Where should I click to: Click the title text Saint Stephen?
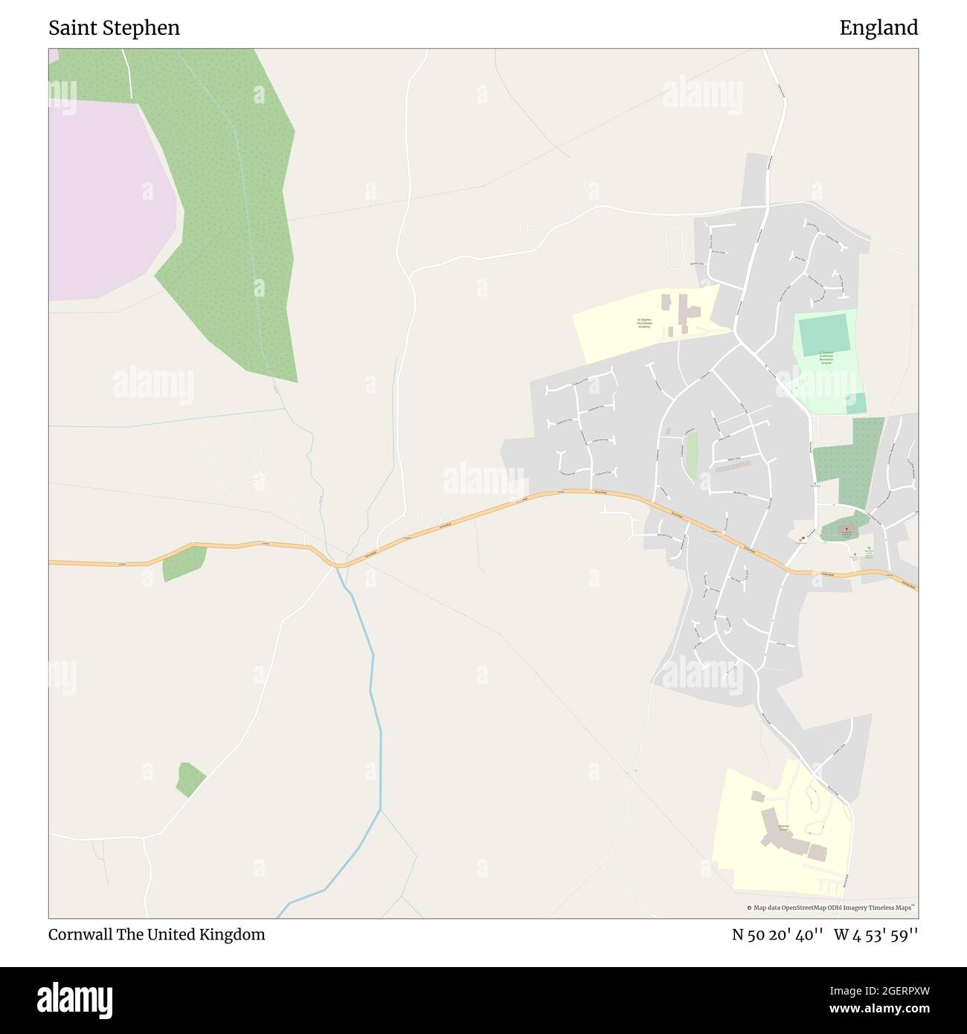pos(114,28)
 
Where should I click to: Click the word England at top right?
pos(878,28)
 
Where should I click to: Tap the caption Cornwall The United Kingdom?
pos(156,934)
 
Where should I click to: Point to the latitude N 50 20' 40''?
pos(777,934)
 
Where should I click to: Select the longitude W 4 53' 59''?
pos(876,934)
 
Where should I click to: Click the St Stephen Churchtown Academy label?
pos(643,323)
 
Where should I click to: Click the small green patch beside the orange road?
pos(184,563)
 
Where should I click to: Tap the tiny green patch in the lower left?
pos(190,779)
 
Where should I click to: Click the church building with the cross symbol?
pos(846,530)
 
